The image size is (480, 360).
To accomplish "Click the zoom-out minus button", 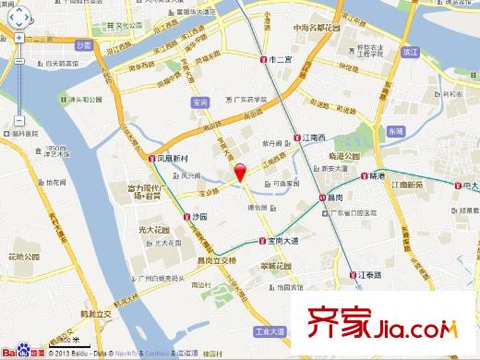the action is pos(19,120).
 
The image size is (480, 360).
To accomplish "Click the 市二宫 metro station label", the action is pos(278,59).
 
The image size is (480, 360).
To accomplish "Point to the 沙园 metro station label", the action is pos(197,216).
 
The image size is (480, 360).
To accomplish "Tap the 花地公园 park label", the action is pos(29,257).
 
